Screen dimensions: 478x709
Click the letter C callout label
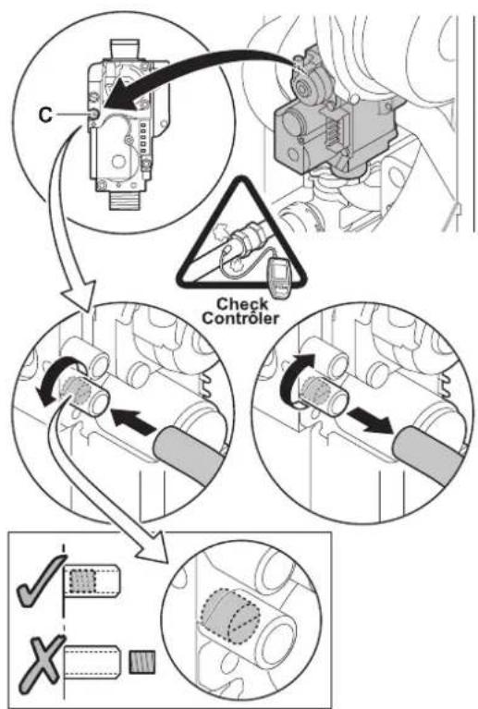click(45, 115)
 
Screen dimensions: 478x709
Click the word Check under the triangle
click(242, 304)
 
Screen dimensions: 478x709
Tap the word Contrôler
click(240, 318)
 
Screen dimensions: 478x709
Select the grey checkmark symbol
click(39, 581)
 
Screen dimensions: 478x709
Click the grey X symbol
click(41, 660)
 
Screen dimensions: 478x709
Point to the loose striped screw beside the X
click(142, 663)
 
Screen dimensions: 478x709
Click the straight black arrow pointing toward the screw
click(133, 419)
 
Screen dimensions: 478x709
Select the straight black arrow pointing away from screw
click(372, 419)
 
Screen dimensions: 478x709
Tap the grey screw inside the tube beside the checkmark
click(82, 581)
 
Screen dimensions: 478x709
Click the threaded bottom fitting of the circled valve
click(123, 200)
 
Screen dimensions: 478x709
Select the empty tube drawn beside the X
click(92, 663)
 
